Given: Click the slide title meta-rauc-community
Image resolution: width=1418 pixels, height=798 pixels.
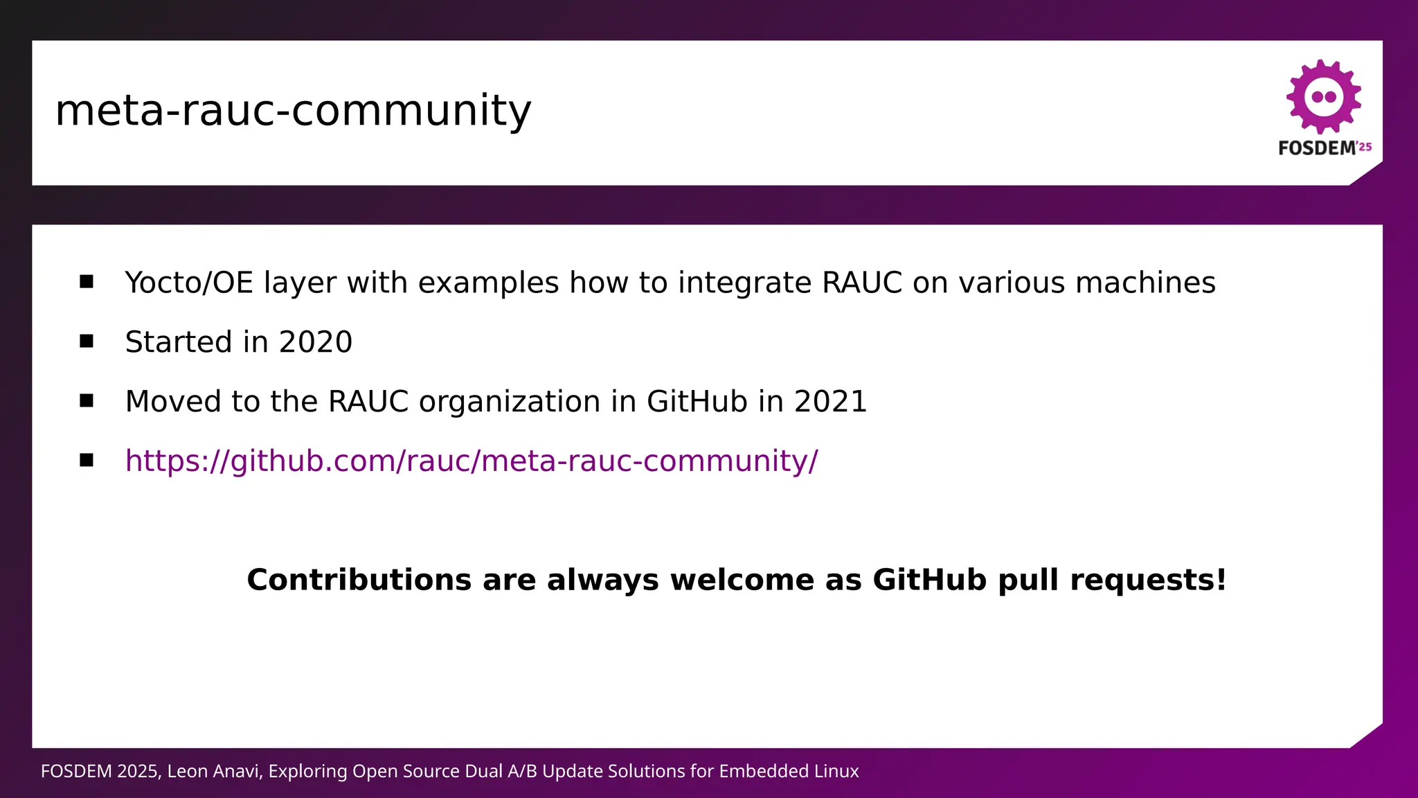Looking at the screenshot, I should click(x=293, y=111).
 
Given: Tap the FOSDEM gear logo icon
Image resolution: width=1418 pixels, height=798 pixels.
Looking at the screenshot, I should click(x=1323, y=96).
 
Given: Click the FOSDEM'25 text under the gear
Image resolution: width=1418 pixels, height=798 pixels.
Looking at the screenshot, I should click(x=1324, y=148).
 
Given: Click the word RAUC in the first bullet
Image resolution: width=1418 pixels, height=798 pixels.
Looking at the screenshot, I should click(x=862, y=283).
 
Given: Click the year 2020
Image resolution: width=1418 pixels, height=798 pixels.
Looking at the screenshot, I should click(x=315, y=342).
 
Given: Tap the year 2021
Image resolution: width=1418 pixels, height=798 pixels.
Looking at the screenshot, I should click(x=830, y=402).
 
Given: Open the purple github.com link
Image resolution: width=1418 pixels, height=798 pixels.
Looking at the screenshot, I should click(x=471, y=461).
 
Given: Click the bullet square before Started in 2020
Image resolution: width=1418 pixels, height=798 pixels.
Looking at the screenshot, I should click(x=87, y=341).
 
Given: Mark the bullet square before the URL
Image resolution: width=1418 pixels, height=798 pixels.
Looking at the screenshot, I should click(x=87, y=460).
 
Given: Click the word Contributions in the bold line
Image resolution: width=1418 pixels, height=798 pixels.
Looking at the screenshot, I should click(x=359, y=580).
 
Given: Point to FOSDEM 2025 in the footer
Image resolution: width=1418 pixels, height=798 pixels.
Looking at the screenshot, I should click(x=100, y=772).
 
